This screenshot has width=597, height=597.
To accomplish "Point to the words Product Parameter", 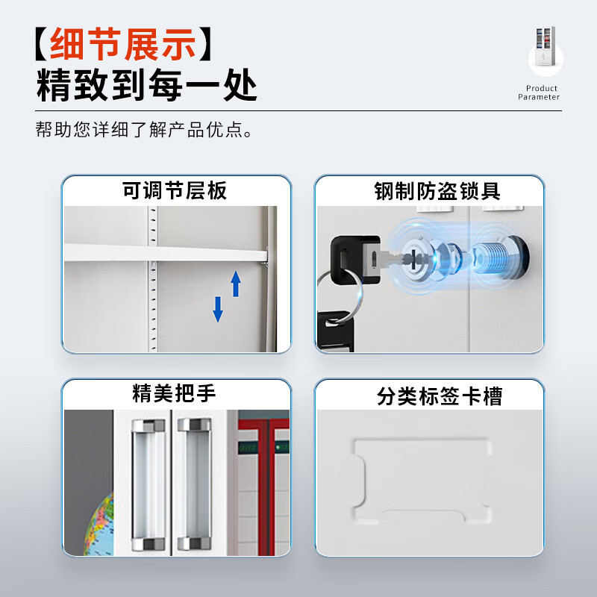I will pyautogui.click(x=539, y=93).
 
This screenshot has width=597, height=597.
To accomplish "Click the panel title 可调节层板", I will pyautogui.click(x=175, y=191).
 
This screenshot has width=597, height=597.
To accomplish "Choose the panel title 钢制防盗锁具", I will pyautogui.click(x=437, y=192).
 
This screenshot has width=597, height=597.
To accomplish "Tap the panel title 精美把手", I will pyautogui.click(x=174, y=393).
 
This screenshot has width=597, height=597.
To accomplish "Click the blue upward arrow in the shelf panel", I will pyautogui.click(x=236, y=284).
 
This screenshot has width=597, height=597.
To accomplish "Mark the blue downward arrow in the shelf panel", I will pyautogui.click(x=218, y=309).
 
